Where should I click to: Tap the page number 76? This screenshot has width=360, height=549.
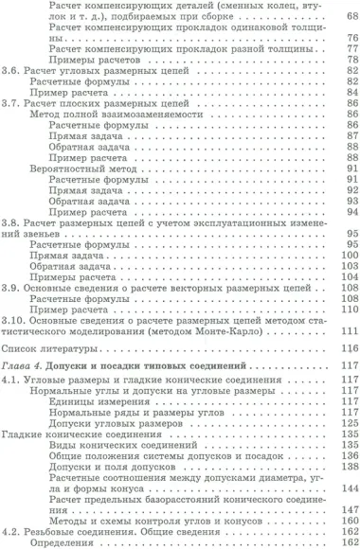349,40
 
